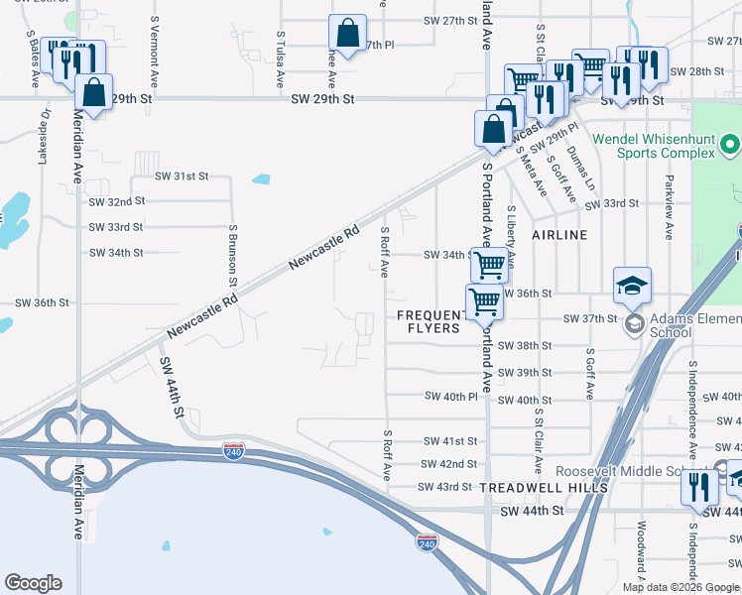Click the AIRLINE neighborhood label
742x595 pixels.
(559, 235)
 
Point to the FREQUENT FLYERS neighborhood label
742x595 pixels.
(430, 321)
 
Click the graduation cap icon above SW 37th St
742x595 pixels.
(632, 286)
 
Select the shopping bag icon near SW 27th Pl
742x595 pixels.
(348, 34)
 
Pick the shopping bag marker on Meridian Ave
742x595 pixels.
(92, 93)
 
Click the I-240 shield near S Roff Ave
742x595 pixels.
(234, 449)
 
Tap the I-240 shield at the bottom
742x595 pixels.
(427, 541)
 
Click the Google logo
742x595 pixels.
(34, 583)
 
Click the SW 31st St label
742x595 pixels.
(182, 176)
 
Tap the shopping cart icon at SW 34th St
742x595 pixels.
(489, 265)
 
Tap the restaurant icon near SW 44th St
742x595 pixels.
(700, 487)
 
